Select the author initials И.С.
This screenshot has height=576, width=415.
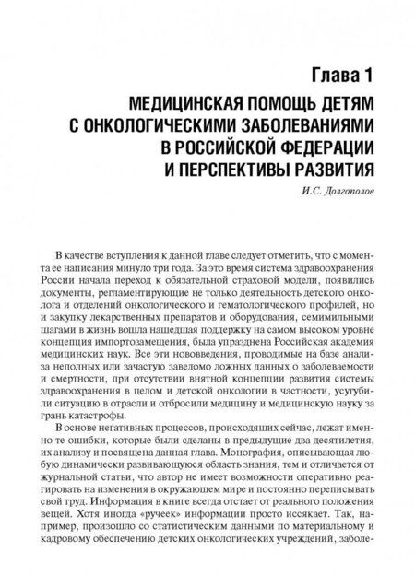click(274, 191)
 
